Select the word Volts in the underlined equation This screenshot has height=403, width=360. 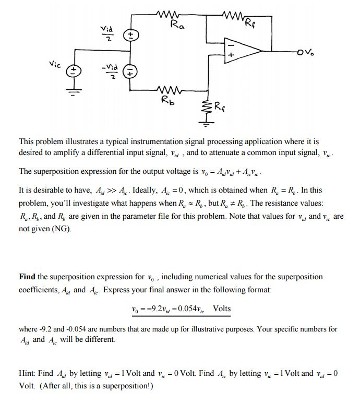tap(222, 308)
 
